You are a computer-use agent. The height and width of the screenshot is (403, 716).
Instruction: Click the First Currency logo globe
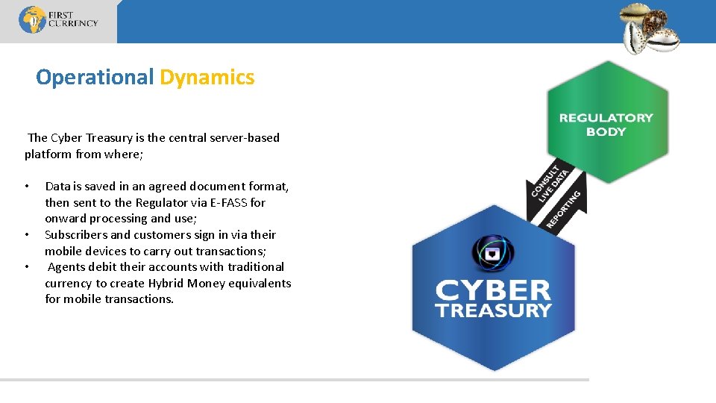click(x=32, y=20)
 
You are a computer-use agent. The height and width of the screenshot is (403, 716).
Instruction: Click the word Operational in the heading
click(x=95, y=77)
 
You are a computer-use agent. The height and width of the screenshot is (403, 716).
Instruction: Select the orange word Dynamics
click(x=207, y=77)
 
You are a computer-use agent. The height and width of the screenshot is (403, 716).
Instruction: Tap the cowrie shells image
click(x=651, y=28)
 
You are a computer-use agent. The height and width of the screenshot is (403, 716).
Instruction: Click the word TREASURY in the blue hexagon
click(x=492, y=310)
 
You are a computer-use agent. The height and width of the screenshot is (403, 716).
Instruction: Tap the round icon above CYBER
click(x=492, y=254)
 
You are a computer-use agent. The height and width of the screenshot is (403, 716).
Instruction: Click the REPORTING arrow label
click(x=564, y=210)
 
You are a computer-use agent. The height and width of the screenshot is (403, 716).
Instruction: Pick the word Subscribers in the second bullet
click(x=76, y=234)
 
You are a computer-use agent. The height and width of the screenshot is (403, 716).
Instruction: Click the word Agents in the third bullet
click(x=67, y=266)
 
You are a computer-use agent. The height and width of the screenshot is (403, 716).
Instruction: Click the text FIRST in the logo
click(x=62, y=14)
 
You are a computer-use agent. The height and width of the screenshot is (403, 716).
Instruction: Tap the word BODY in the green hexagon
click(x=606, y=131)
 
